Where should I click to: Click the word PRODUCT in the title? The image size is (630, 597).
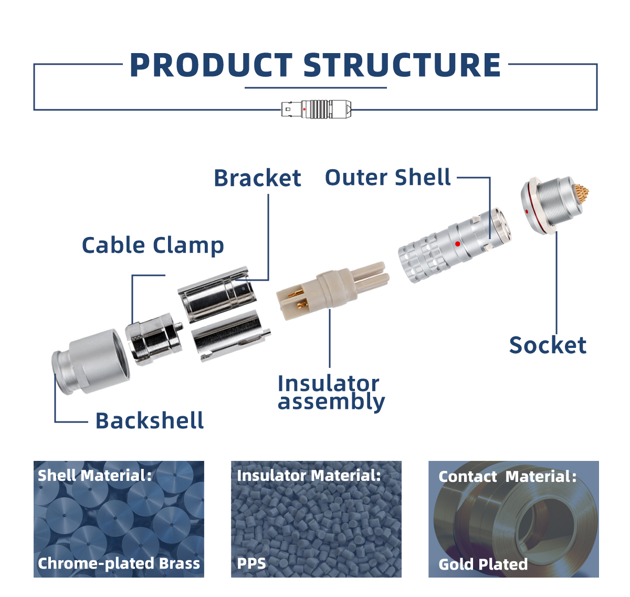(x=211, y=66)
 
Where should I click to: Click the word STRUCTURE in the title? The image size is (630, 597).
(x=402, y=66)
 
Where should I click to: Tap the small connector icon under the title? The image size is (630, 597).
(x=316, y=109)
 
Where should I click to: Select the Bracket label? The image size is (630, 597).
(x=257, y=178)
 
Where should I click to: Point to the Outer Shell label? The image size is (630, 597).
(x=387, y=178)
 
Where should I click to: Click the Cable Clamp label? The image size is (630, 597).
(x=153, y=245)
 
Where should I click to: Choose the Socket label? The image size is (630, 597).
(x=548, y=345)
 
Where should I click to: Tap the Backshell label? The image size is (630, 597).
(x=150, y=421)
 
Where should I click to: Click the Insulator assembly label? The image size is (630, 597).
(x=331, y=393)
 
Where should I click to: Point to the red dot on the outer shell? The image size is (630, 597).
(x=458, y=244)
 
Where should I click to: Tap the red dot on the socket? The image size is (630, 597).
(x=527, y=212)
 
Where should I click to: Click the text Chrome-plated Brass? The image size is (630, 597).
(x=119, y=563)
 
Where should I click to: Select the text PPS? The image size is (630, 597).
(x=251, y=564)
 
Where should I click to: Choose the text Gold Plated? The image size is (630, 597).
(x=483, y=564)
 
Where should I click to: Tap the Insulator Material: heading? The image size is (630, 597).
(x=309, y=476)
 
